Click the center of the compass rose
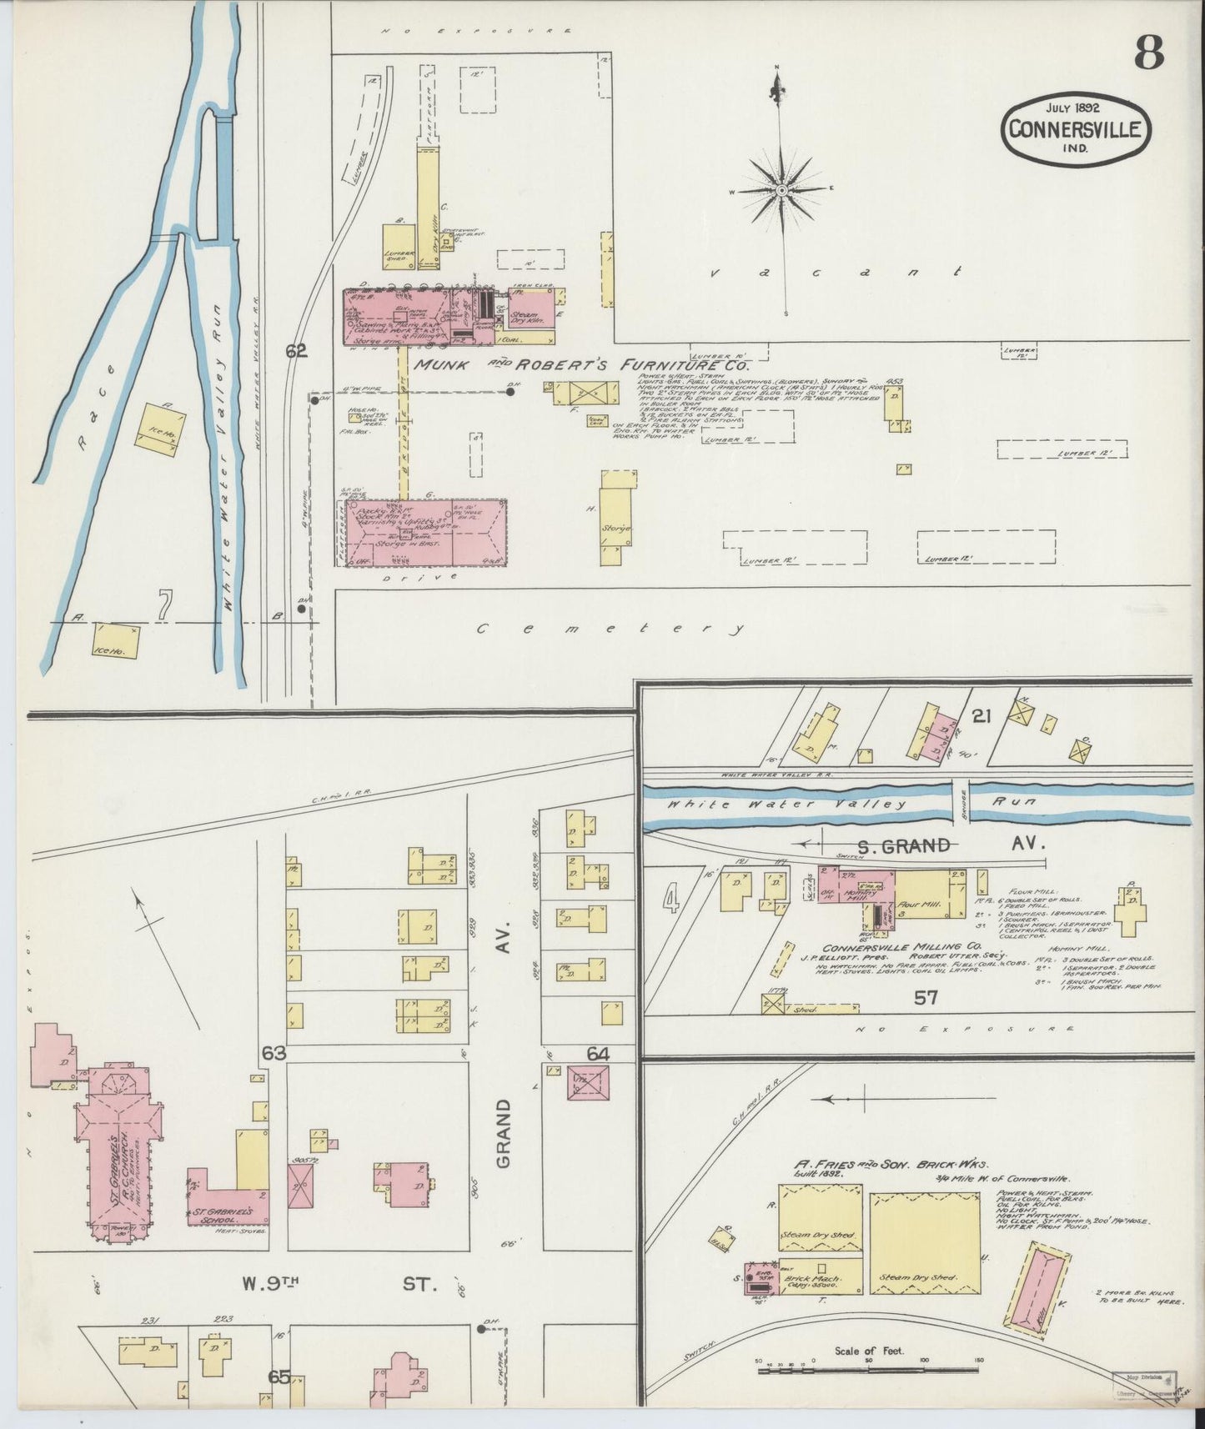click(781, 191)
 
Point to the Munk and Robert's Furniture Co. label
click(581, 364)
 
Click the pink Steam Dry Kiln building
click(525, 317)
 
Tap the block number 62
click(296, 351)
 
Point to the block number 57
click(926, 997)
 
